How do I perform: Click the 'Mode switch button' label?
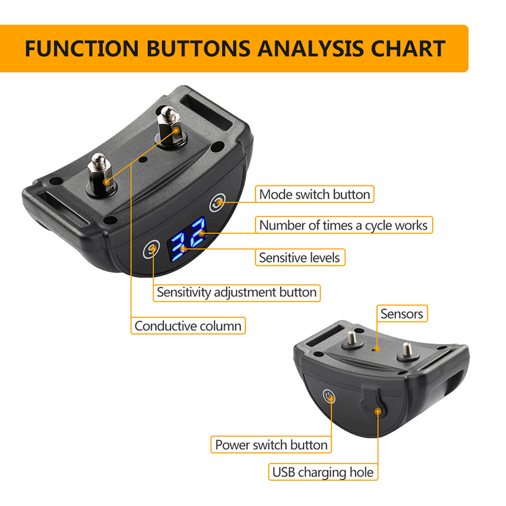pyautogui.click(x=314, y=194)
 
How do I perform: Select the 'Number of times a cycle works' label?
pyautogui.click(x=343, y=225)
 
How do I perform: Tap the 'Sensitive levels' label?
pyautogui.click(x=299, y=257)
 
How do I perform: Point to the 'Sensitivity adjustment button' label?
pyautogui.click(x=237, y=292)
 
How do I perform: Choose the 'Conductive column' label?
pyautogui.click(x=188, y=326)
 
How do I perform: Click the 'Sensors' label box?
pyautogui.click(x=402, y=313)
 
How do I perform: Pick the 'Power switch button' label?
pyautogui.click(x=271, y=445)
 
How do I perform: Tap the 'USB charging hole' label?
pyautogui.click(x=323, y=472)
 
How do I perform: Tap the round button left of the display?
pyautogui.click(x=152, y=249)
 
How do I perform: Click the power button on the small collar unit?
pyautogui.click(x=328, y=397)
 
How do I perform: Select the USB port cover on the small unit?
pyautogui.click(x=372, y=409)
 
